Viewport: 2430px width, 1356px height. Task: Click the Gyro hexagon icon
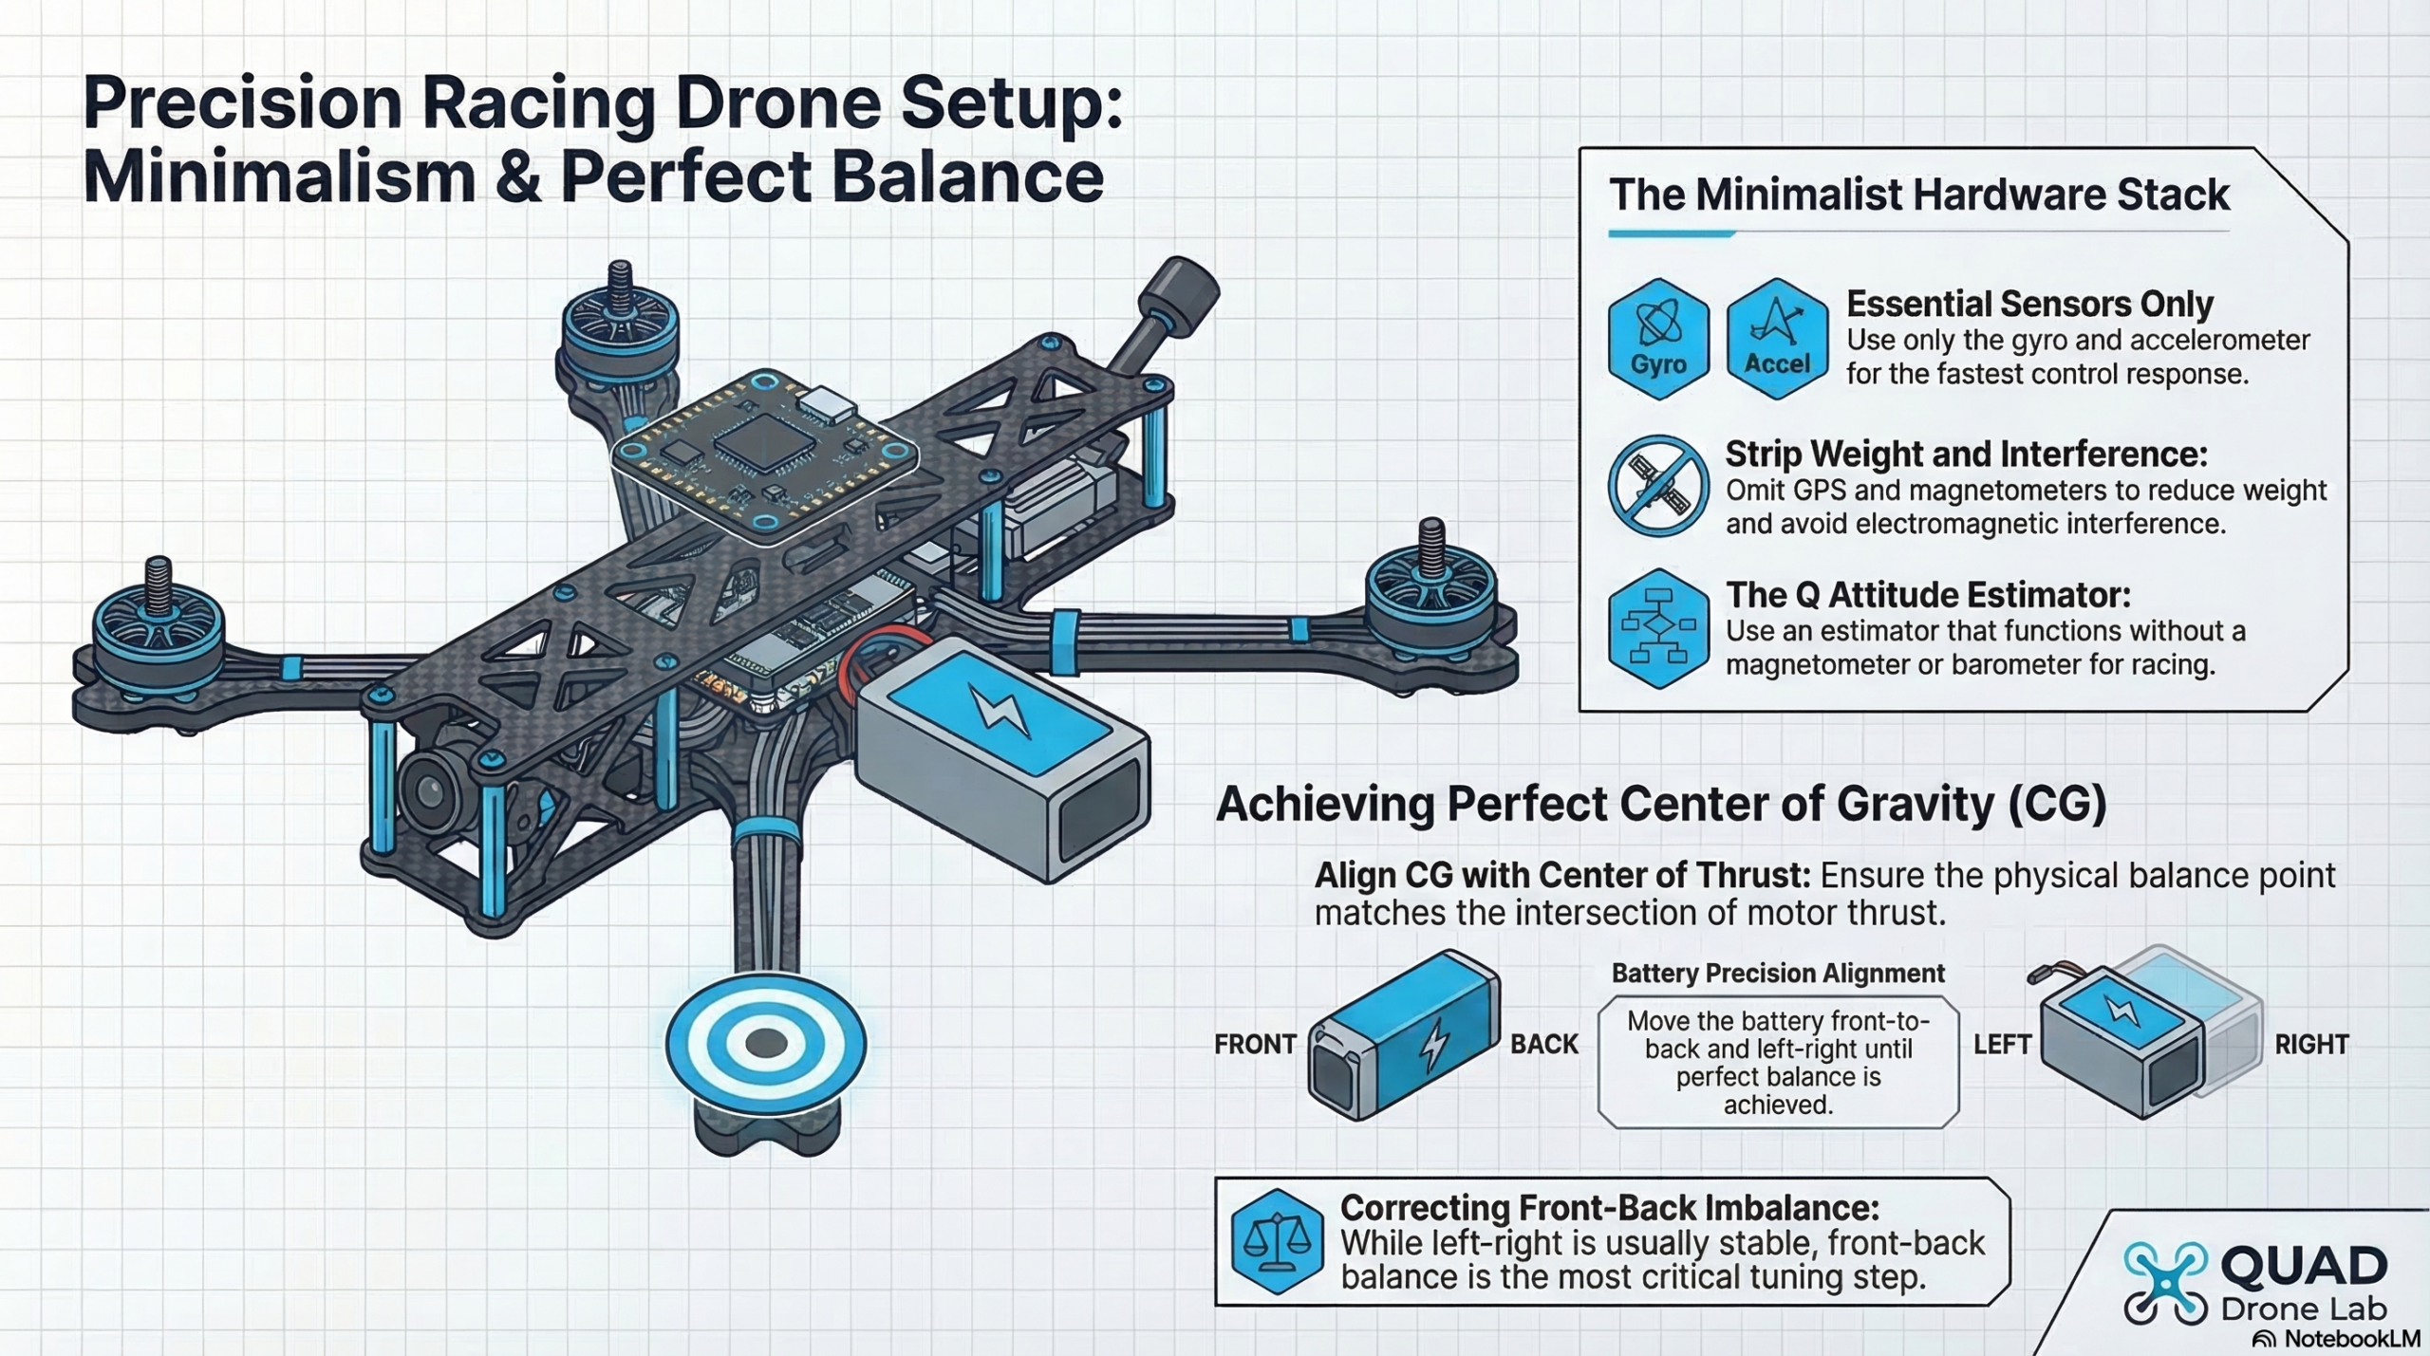click(1658, 338)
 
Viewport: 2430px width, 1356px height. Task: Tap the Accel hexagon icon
click(1777, 338)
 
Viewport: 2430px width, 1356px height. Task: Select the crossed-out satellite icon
click(1658, 486)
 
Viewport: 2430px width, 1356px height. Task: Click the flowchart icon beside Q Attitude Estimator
click(1658, 628)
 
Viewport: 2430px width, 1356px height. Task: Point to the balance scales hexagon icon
click(1277, 1241)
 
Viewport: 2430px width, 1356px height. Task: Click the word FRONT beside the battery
click(1255, 1045)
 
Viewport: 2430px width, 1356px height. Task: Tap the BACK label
click(1544, 1045)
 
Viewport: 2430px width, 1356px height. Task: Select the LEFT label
click(2002, 1045)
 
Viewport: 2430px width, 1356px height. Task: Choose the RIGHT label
click(2311, 1045)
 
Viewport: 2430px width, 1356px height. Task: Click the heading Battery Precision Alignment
click(1778, 974)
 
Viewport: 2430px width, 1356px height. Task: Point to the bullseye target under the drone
click(765, 1044)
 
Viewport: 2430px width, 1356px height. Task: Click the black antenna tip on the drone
click(1179, 288)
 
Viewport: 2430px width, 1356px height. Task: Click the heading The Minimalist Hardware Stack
click(1918, 195)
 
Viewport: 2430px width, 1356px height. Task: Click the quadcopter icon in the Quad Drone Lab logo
click(2165, 1283)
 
